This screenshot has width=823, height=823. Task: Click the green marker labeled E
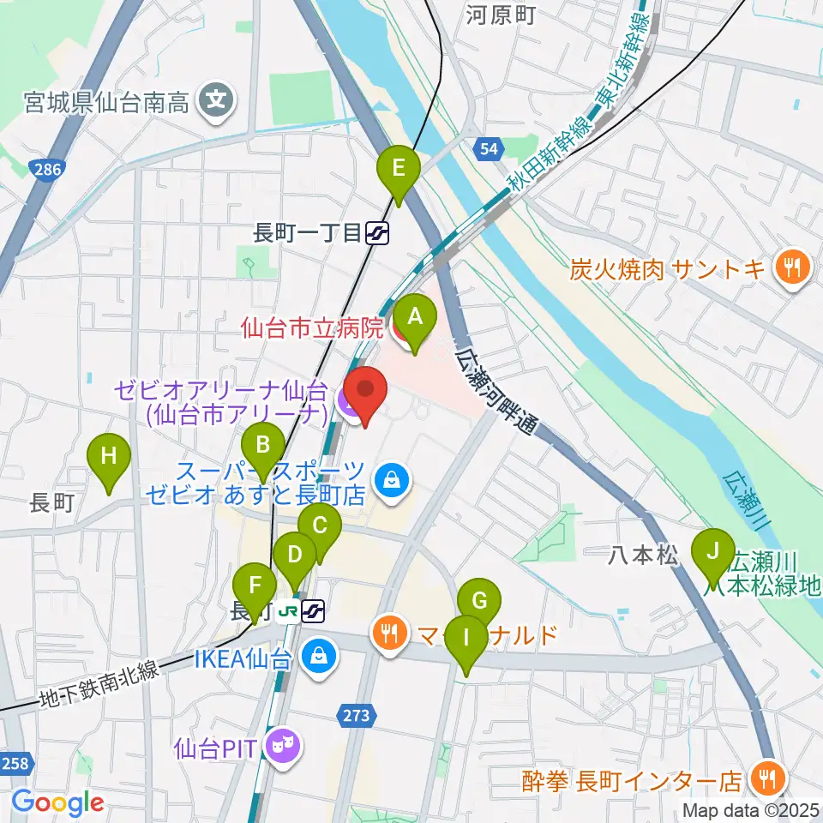click(399, 168)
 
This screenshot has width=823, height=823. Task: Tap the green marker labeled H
click(109, 457)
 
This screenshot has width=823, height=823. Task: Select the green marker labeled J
click(712, 553)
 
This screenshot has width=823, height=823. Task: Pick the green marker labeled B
click(263, 446)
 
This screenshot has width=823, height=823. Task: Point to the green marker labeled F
click(255, 588)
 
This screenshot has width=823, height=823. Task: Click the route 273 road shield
click(358, 716)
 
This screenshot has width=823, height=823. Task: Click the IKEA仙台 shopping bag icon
click(319, 658)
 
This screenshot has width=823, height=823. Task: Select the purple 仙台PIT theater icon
click(279, 747)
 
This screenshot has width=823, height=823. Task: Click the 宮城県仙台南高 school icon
click(212, 104)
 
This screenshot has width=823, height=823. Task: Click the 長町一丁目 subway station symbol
click(377, 232)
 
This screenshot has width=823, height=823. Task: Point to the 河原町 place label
click(501, 15)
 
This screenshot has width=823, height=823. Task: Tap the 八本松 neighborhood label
click(638, 556)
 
